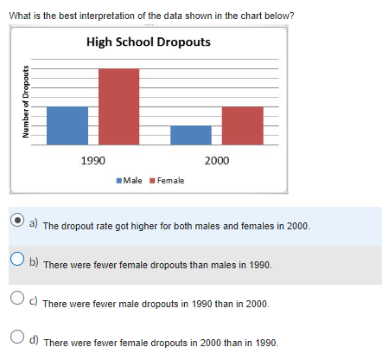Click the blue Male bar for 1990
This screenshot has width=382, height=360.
click(67, 125)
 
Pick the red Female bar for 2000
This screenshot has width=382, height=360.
click(242, 125)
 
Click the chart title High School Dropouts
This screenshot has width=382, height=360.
click(148, 42)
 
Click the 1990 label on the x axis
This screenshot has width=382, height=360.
click(92, 160)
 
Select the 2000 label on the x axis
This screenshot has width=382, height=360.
click(217, 160)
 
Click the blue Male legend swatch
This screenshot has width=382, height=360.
click(119, 180)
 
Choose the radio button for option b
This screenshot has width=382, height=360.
click(17, 258)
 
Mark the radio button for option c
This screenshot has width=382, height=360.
click(17, 298)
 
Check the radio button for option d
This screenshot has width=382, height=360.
click(17, 337)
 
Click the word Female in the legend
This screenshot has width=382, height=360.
click(171, 180)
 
